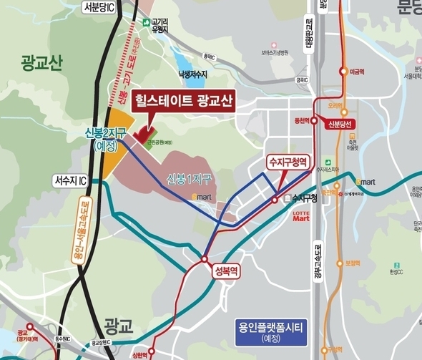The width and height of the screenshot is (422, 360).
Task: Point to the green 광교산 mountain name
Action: tap(42, 63)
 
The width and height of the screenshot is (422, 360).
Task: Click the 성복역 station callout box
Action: tap(225, 271)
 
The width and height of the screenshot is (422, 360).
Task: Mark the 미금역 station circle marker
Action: tap(343, 72)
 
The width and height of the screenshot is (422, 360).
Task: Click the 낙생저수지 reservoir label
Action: tap(192, 73)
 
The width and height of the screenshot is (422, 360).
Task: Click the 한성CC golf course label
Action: tap(398, 271)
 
